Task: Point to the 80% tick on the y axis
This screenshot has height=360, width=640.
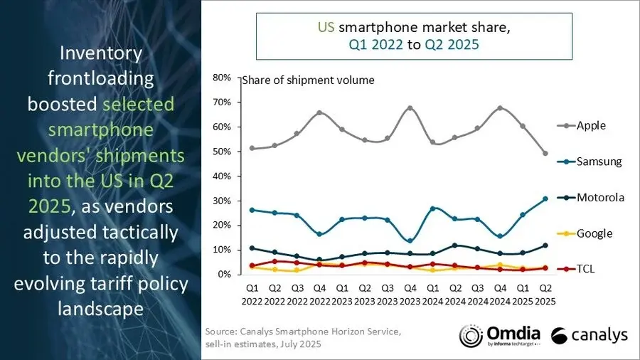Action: coord(221,78)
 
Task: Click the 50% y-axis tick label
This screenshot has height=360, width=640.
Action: coord(221,152)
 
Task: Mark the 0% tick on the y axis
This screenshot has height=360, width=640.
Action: coord(223,275)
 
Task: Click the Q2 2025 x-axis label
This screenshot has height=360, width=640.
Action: coord(545,295)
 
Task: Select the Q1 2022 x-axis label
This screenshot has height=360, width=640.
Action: coord(252,295)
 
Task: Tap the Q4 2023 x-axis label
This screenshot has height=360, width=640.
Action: coord(410,295)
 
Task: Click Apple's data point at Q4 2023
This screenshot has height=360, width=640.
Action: coord(410,108)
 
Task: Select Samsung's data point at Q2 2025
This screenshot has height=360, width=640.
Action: coord(545,198)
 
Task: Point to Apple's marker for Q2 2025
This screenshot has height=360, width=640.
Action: coord(545,153)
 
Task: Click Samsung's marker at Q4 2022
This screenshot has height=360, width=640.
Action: coord(320,234)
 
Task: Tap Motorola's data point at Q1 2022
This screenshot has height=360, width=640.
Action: coord(252,248)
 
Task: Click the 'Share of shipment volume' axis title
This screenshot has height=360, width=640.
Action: coord(308,80)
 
